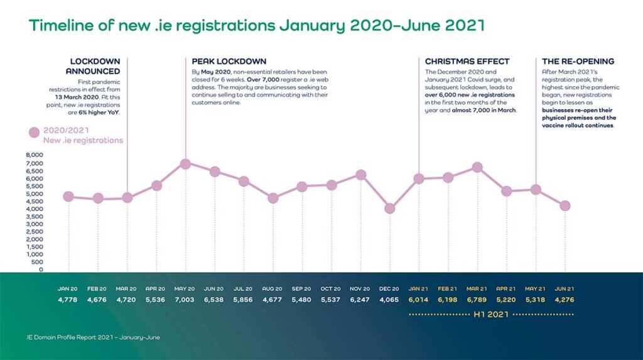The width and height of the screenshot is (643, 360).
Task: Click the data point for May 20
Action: point(185,164)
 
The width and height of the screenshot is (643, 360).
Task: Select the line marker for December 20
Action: point(390,209)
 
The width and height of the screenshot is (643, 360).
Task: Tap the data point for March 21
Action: point(477,167)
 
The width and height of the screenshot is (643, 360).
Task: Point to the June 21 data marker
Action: point(565,205)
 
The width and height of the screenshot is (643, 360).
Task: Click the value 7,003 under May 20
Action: point(185,300)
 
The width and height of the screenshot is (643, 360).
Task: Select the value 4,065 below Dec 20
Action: point(390,300)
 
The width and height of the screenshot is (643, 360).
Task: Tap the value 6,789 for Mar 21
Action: point(477,300)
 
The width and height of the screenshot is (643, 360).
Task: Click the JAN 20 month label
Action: point(68,289)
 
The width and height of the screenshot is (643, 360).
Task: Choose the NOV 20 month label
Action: point(360,289)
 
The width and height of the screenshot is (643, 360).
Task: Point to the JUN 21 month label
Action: point(565,289)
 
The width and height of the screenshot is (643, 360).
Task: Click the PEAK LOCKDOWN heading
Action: point(229,62)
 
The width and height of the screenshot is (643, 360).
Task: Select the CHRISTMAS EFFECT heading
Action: point(467,62)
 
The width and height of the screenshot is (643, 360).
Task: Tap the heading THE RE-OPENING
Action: point(578,62)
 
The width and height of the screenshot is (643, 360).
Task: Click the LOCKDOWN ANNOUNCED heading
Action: point(95,66)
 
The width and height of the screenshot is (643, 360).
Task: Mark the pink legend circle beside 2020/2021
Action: point(35,133)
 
